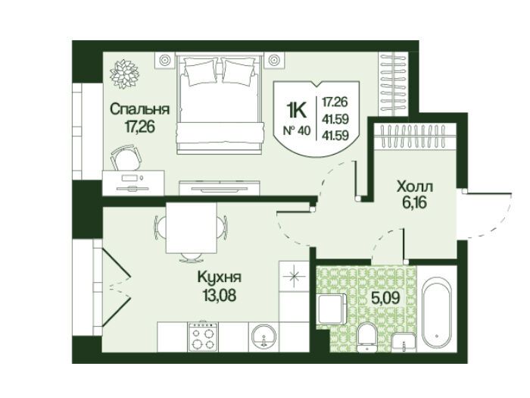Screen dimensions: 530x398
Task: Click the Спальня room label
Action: coord(139,110)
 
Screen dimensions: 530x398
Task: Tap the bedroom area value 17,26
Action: coord(139,127)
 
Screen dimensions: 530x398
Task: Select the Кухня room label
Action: coord(220,278)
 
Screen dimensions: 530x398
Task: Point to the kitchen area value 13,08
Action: coord(220,296)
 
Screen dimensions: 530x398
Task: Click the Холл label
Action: coord(415,186)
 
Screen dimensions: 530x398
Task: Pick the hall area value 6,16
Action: coord(415,202)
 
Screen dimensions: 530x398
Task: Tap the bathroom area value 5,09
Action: coord(386,297)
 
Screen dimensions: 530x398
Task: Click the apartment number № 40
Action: coord(296,130)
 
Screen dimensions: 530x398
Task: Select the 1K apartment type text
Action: coord(297,110)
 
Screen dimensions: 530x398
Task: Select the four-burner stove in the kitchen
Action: coord(203,337)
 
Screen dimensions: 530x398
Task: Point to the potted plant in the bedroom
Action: coord(124,74)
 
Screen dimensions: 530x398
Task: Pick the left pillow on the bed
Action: coord(201,71)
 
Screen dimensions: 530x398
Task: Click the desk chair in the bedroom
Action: coord(126,158)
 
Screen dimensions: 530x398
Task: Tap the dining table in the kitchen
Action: coord(191,227)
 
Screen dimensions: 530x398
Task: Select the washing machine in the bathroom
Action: coord(332,309)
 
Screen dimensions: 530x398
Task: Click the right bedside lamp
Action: coord(273,60)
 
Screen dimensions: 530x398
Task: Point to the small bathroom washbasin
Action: coord(404,342)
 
